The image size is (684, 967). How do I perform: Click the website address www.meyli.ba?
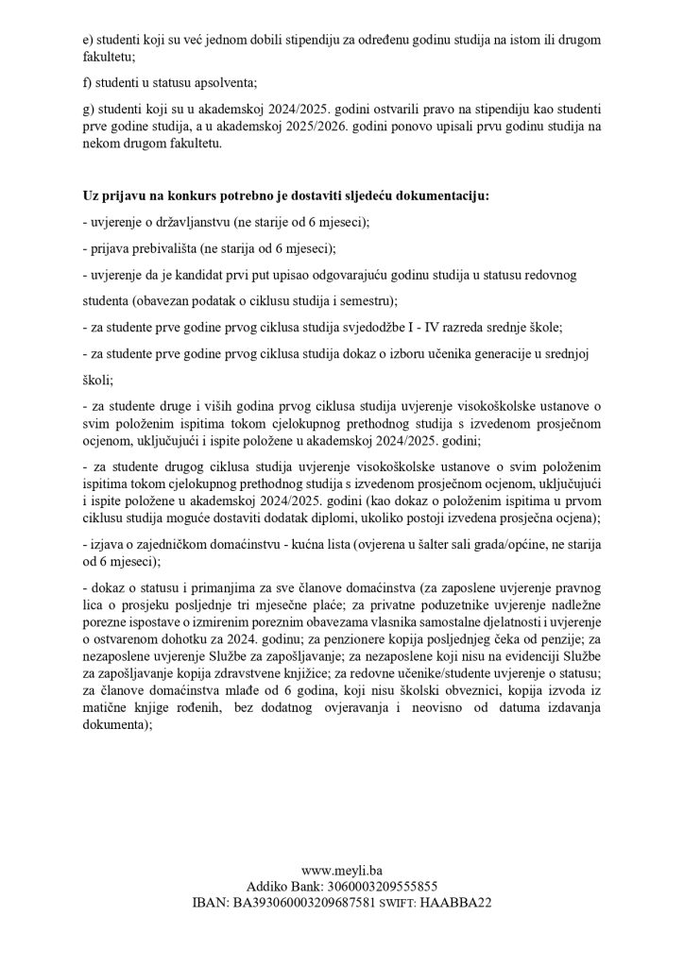coord(341,870)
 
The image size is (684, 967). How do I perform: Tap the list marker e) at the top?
coord(89,43)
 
